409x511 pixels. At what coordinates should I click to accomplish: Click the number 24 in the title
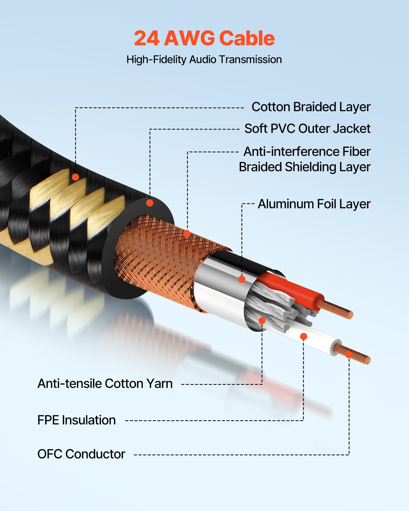tap(146, 38)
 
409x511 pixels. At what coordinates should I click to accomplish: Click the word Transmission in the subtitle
tap(251, 60)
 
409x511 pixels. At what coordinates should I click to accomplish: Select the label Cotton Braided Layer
tap(311, 107)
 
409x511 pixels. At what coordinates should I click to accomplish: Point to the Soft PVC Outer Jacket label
tap(307, 129)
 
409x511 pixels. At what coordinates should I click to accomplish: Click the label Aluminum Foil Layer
tap(314, 204)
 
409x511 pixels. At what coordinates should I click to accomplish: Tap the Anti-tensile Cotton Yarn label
tap(105, 384)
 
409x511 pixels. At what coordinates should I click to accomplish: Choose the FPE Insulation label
tap(76, 420)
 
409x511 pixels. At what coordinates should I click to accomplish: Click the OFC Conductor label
tap(81, 454)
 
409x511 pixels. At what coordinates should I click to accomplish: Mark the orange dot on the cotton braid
tap(75, 177)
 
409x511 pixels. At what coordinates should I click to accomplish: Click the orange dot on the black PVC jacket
tap(150, 203)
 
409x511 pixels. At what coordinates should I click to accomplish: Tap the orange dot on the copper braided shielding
tap(187, 234)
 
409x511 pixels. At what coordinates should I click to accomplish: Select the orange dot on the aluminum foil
tap(242, 279)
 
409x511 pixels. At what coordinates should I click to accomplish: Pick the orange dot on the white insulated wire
tap(303, 336)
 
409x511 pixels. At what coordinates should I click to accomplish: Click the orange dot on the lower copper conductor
tap(349, 354)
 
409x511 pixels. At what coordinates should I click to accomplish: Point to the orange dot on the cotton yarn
tap(262, 321)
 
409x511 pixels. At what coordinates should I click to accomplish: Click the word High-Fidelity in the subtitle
tap(156, 60)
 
